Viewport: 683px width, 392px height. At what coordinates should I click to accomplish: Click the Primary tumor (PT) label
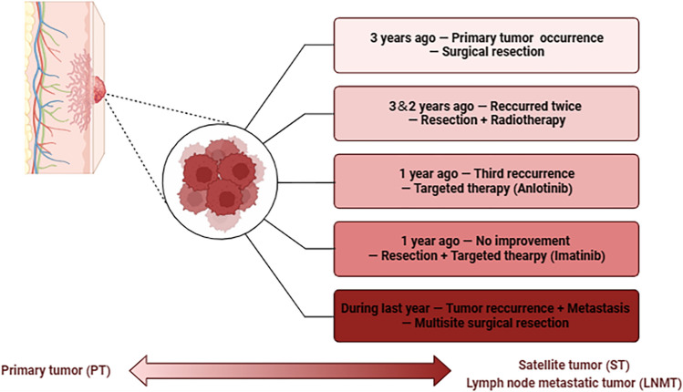click(x=54, y=369)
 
